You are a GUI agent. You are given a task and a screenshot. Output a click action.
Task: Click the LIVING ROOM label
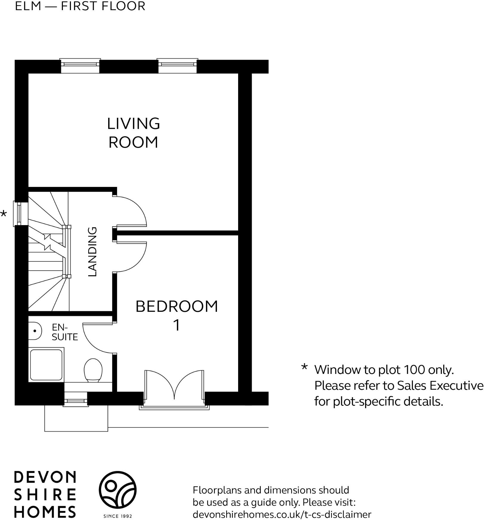[133, 133]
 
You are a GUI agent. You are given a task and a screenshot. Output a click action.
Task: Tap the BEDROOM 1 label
[177, 315]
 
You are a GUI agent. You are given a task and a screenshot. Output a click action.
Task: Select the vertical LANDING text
[93, 252]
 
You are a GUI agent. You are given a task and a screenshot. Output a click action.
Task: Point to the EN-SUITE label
[64, 332]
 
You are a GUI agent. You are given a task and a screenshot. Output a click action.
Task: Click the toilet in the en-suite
[93, 370]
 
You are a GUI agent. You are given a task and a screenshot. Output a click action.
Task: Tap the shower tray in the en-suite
[46, 365]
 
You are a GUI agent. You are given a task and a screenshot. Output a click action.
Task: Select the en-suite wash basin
[35, 331]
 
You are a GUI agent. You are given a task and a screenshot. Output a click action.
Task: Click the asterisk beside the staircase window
[4, 214]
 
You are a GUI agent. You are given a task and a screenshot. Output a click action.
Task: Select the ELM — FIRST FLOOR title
[80, 6]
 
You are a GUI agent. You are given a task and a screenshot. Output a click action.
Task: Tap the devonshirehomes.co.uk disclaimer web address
[282, 514]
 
